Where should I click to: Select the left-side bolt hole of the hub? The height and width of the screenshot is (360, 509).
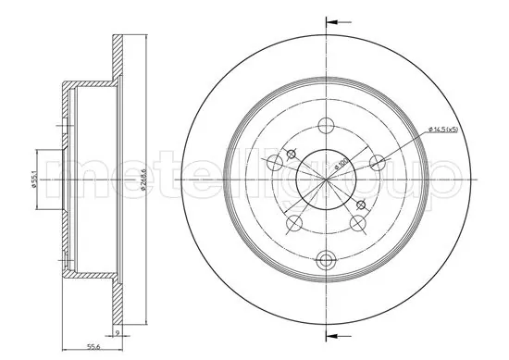pos(273,164)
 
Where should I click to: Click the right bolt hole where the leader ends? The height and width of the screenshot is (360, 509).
pos(376,164)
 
